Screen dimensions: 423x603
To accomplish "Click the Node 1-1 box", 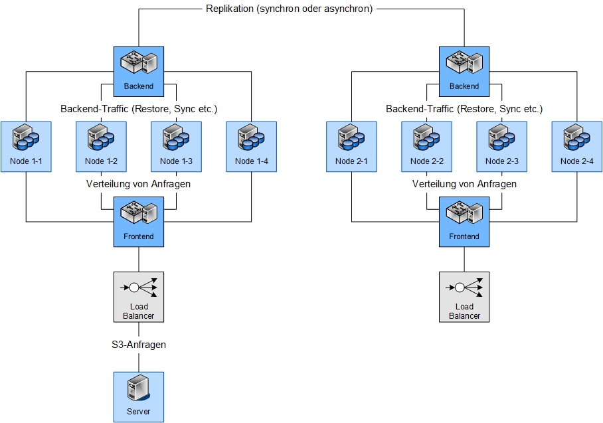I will [26, 147].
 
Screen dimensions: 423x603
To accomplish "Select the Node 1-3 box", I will [176, 147].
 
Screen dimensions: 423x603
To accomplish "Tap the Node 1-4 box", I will [251, 147].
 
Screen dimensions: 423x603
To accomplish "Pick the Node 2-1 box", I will [351, 147].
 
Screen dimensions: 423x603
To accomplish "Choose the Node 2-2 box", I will [426, 147].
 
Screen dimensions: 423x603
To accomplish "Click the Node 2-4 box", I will [576, 147].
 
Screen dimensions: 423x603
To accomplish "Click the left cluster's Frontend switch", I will [138, 221].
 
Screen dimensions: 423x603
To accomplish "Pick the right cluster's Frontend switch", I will [464, 221].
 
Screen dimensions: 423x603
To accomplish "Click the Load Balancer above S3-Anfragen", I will [138, 297].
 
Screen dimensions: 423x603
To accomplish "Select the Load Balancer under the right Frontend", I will [464, 297].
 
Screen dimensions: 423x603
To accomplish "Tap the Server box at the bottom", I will [138, 396].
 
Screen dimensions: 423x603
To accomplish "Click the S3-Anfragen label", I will [138, 345].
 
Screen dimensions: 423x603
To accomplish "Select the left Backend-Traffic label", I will [139, 108].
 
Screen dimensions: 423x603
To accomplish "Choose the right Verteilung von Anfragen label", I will [464, 183].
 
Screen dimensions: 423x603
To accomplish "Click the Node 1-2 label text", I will [101, 161].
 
